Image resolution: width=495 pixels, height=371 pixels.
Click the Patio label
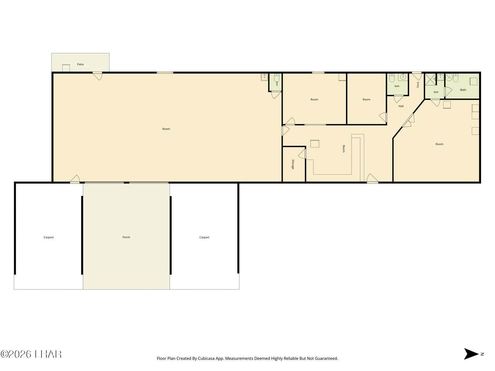pyautogui.click(x=80, y=65)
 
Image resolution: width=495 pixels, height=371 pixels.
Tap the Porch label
pyautogui.click(x=126, y=237)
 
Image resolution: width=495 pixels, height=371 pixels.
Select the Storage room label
pyautogui.click(x=293, y=164)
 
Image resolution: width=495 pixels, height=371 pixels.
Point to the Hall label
pyautogui.click(x=401, y=106)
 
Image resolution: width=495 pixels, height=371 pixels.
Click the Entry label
pyautogui.click(x=418, y=85)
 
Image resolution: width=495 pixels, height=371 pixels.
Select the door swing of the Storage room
pyautogui.click(x=302, y=154)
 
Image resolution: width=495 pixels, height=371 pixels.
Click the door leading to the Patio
pyautogui.click(x=97, y=76)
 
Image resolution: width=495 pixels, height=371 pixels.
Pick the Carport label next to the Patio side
pyautogui.click(x=48, y=237)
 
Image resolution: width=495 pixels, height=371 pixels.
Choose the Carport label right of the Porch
pyautogui.click(x=204, y=237)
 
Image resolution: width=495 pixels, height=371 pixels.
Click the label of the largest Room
pyautogui.click(x=166, y=129)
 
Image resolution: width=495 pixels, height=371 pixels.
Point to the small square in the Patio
pyautogui.click(x=66, y=68)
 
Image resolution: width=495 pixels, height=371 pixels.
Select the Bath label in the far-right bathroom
pyautogui.click(x=463, y=90)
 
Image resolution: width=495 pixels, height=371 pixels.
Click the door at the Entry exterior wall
pyautogui.click(x=417, y=76)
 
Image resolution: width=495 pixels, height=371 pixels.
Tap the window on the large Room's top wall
pyautogui.click(x=165, y=73)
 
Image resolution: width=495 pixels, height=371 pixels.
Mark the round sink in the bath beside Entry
pyautogui.click(x=403, y=77)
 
